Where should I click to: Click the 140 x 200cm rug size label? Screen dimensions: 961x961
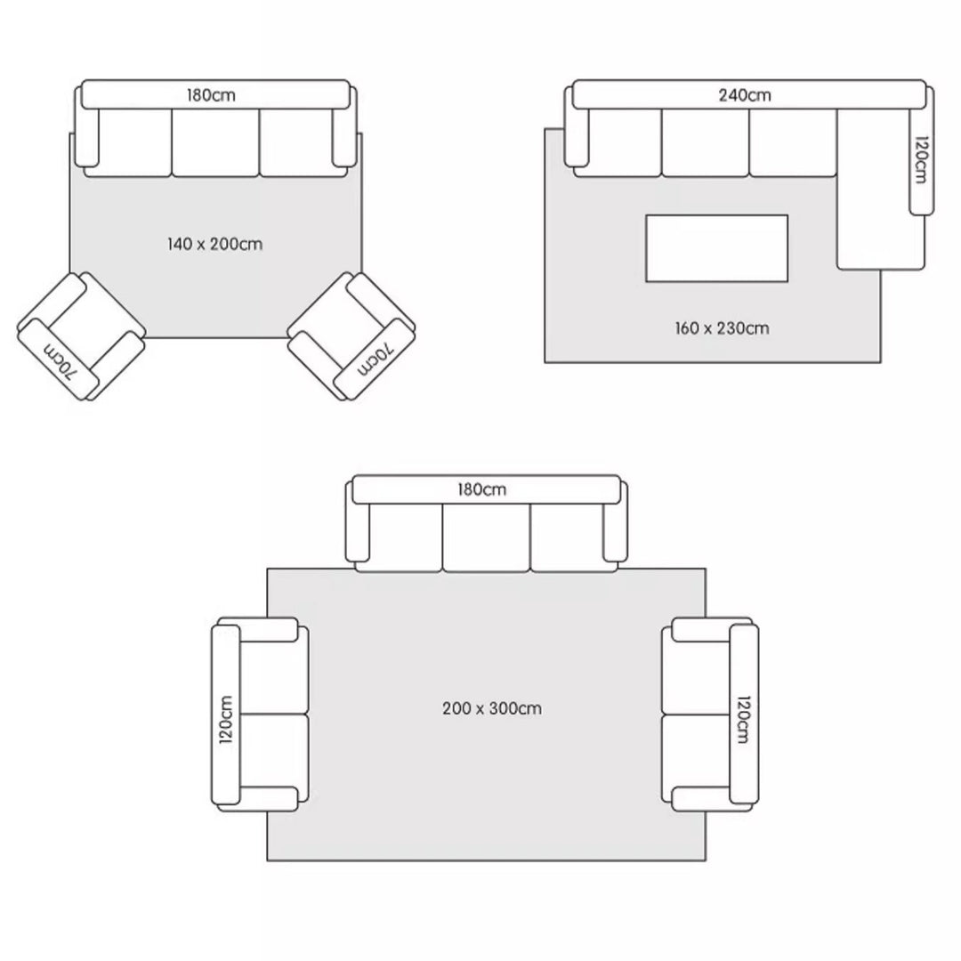(214, 244)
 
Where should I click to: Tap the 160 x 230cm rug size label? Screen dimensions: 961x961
(722, 327)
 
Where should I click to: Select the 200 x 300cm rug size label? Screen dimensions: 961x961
(491, 708)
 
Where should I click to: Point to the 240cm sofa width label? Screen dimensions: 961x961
(745, 95)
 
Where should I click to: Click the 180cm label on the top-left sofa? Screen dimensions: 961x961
(211, 95)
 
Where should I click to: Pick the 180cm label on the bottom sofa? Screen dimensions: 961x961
(481, 489)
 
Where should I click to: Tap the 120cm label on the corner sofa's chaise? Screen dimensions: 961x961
(921, 159)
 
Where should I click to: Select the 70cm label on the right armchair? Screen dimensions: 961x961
(373, 359)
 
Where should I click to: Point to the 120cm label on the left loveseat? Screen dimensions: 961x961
(225, 720)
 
